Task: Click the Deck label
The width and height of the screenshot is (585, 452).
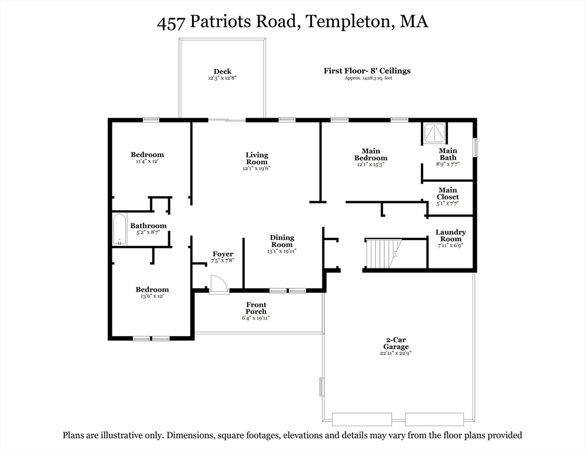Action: pyautogui.click(x=222, y=71)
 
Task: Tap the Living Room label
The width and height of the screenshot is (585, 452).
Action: pyautogui.click(x=257, y=158)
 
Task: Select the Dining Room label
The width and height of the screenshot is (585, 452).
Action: pyautogui.click(x=282, y=241)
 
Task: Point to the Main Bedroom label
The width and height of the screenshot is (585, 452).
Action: pyautogui.click(x=371, y=155)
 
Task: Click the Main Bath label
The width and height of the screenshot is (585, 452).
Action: pyautogui.click(x=448, y=154)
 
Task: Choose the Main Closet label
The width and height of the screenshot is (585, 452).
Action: pyautogui.click(x=448, y=193)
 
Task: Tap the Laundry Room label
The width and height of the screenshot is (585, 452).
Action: pyautogui.click(x=451, y=235)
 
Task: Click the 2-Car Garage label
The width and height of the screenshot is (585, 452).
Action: pyautogui.click(x=396, y=343)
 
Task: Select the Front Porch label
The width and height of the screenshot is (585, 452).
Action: pyautogui.click(x=256, y=308)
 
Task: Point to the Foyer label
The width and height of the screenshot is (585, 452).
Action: pyautogui.click(x=222, y=254)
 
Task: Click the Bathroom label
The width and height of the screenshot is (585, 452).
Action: pyautogui.click(x=148, y=225)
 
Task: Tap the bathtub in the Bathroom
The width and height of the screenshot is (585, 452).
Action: pyautogui.click(x=119, y=230)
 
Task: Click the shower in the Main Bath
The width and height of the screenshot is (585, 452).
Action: pyautogui.click(x=434, y=133)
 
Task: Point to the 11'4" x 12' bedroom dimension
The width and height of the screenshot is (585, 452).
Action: pyautogui.click(x=147, y=161)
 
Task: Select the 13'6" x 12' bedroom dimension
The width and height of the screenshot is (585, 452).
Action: pyautogui.click(x=152, y=296)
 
